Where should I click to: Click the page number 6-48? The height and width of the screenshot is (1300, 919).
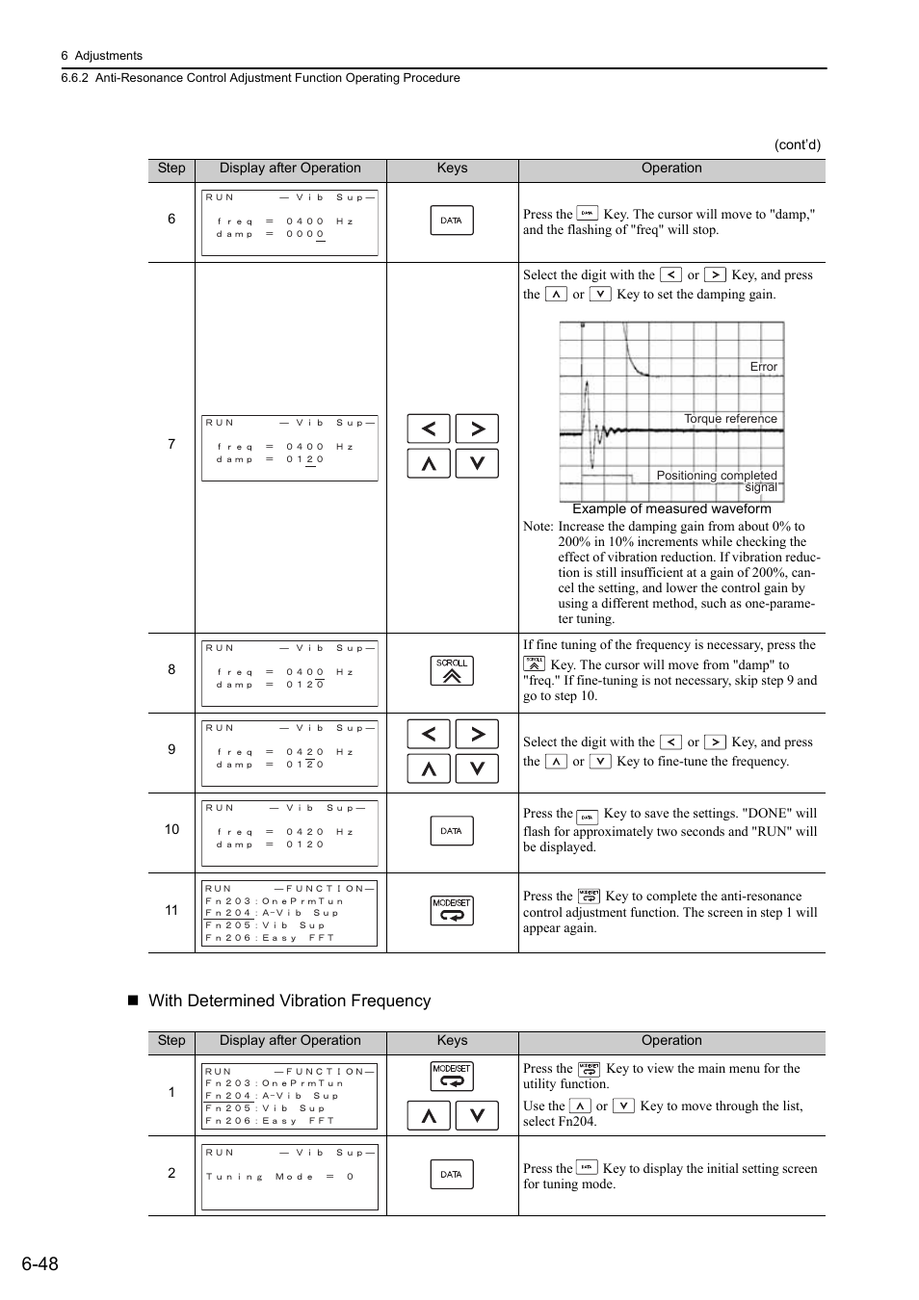pos(40,1263)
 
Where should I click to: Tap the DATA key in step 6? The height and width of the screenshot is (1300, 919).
pos(451,221)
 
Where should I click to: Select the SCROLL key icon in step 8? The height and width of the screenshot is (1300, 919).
pos(451,670)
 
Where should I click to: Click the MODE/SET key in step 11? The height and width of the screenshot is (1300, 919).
pos(451,910)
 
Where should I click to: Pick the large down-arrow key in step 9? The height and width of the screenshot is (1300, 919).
pos(477,768)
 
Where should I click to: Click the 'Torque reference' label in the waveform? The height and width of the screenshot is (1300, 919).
pos(729,419)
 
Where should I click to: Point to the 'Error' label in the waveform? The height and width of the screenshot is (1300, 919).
pos(763,367)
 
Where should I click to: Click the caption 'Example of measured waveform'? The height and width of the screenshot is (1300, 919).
pos(671,508)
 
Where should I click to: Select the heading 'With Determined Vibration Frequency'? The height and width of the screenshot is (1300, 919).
pos(289,1001)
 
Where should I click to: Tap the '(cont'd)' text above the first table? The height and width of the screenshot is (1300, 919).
pos(797,145)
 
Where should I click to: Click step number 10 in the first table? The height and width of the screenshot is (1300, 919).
pos(171,829)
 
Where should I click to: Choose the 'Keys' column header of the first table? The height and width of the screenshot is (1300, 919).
pos(452,169)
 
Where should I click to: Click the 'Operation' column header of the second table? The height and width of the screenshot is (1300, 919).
pos(671,1041)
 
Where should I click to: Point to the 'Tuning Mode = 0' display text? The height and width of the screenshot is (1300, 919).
pos(279,1177)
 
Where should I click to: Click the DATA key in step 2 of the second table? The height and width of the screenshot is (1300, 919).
pos(451,1174)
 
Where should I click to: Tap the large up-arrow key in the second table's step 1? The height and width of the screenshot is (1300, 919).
pos(429,1115)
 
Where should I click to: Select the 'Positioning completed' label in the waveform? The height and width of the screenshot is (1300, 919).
pos(716,475)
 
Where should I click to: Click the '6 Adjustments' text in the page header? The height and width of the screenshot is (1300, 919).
pos(101,56)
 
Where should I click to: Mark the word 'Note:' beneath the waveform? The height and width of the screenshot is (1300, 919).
pos(538,527)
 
